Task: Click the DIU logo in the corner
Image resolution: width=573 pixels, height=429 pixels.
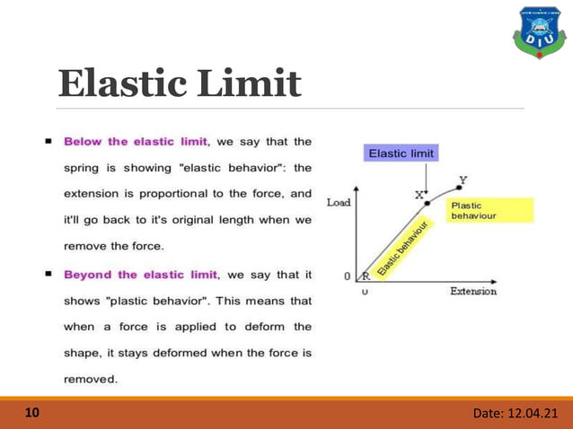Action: click(538, 31)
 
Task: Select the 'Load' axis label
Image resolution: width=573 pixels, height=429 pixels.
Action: click(338, 202)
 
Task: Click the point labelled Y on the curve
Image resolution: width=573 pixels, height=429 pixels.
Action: click(457, 187)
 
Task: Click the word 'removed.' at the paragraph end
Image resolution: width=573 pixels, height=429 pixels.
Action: click(90, 379)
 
